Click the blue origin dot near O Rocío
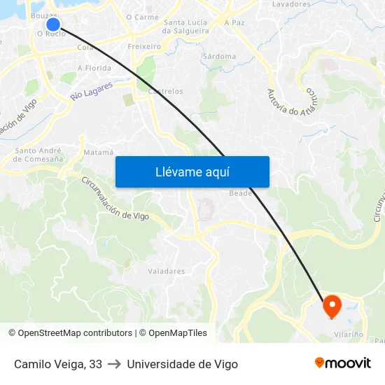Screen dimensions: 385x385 pos(52,24)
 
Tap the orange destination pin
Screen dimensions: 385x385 pos(331,306)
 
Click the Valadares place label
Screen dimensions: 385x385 pos(166,271)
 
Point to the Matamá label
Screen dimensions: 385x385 pos(98,152)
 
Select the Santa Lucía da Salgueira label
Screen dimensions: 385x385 pos(185,27)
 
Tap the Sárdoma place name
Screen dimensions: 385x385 pos(218,56)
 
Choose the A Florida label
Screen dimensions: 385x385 pos(94,68)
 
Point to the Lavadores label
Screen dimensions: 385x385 pos(290,4)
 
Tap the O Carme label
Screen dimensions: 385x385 pos(142,17)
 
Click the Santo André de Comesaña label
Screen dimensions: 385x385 pos(39,155)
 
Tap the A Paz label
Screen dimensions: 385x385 pos(234,22)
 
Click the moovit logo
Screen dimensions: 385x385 pos(342,363)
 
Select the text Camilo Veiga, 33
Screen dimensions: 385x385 pos(58,364)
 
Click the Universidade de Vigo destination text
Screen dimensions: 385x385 pos(182,364)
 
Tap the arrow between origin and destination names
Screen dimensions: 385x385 pos(114,364)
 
